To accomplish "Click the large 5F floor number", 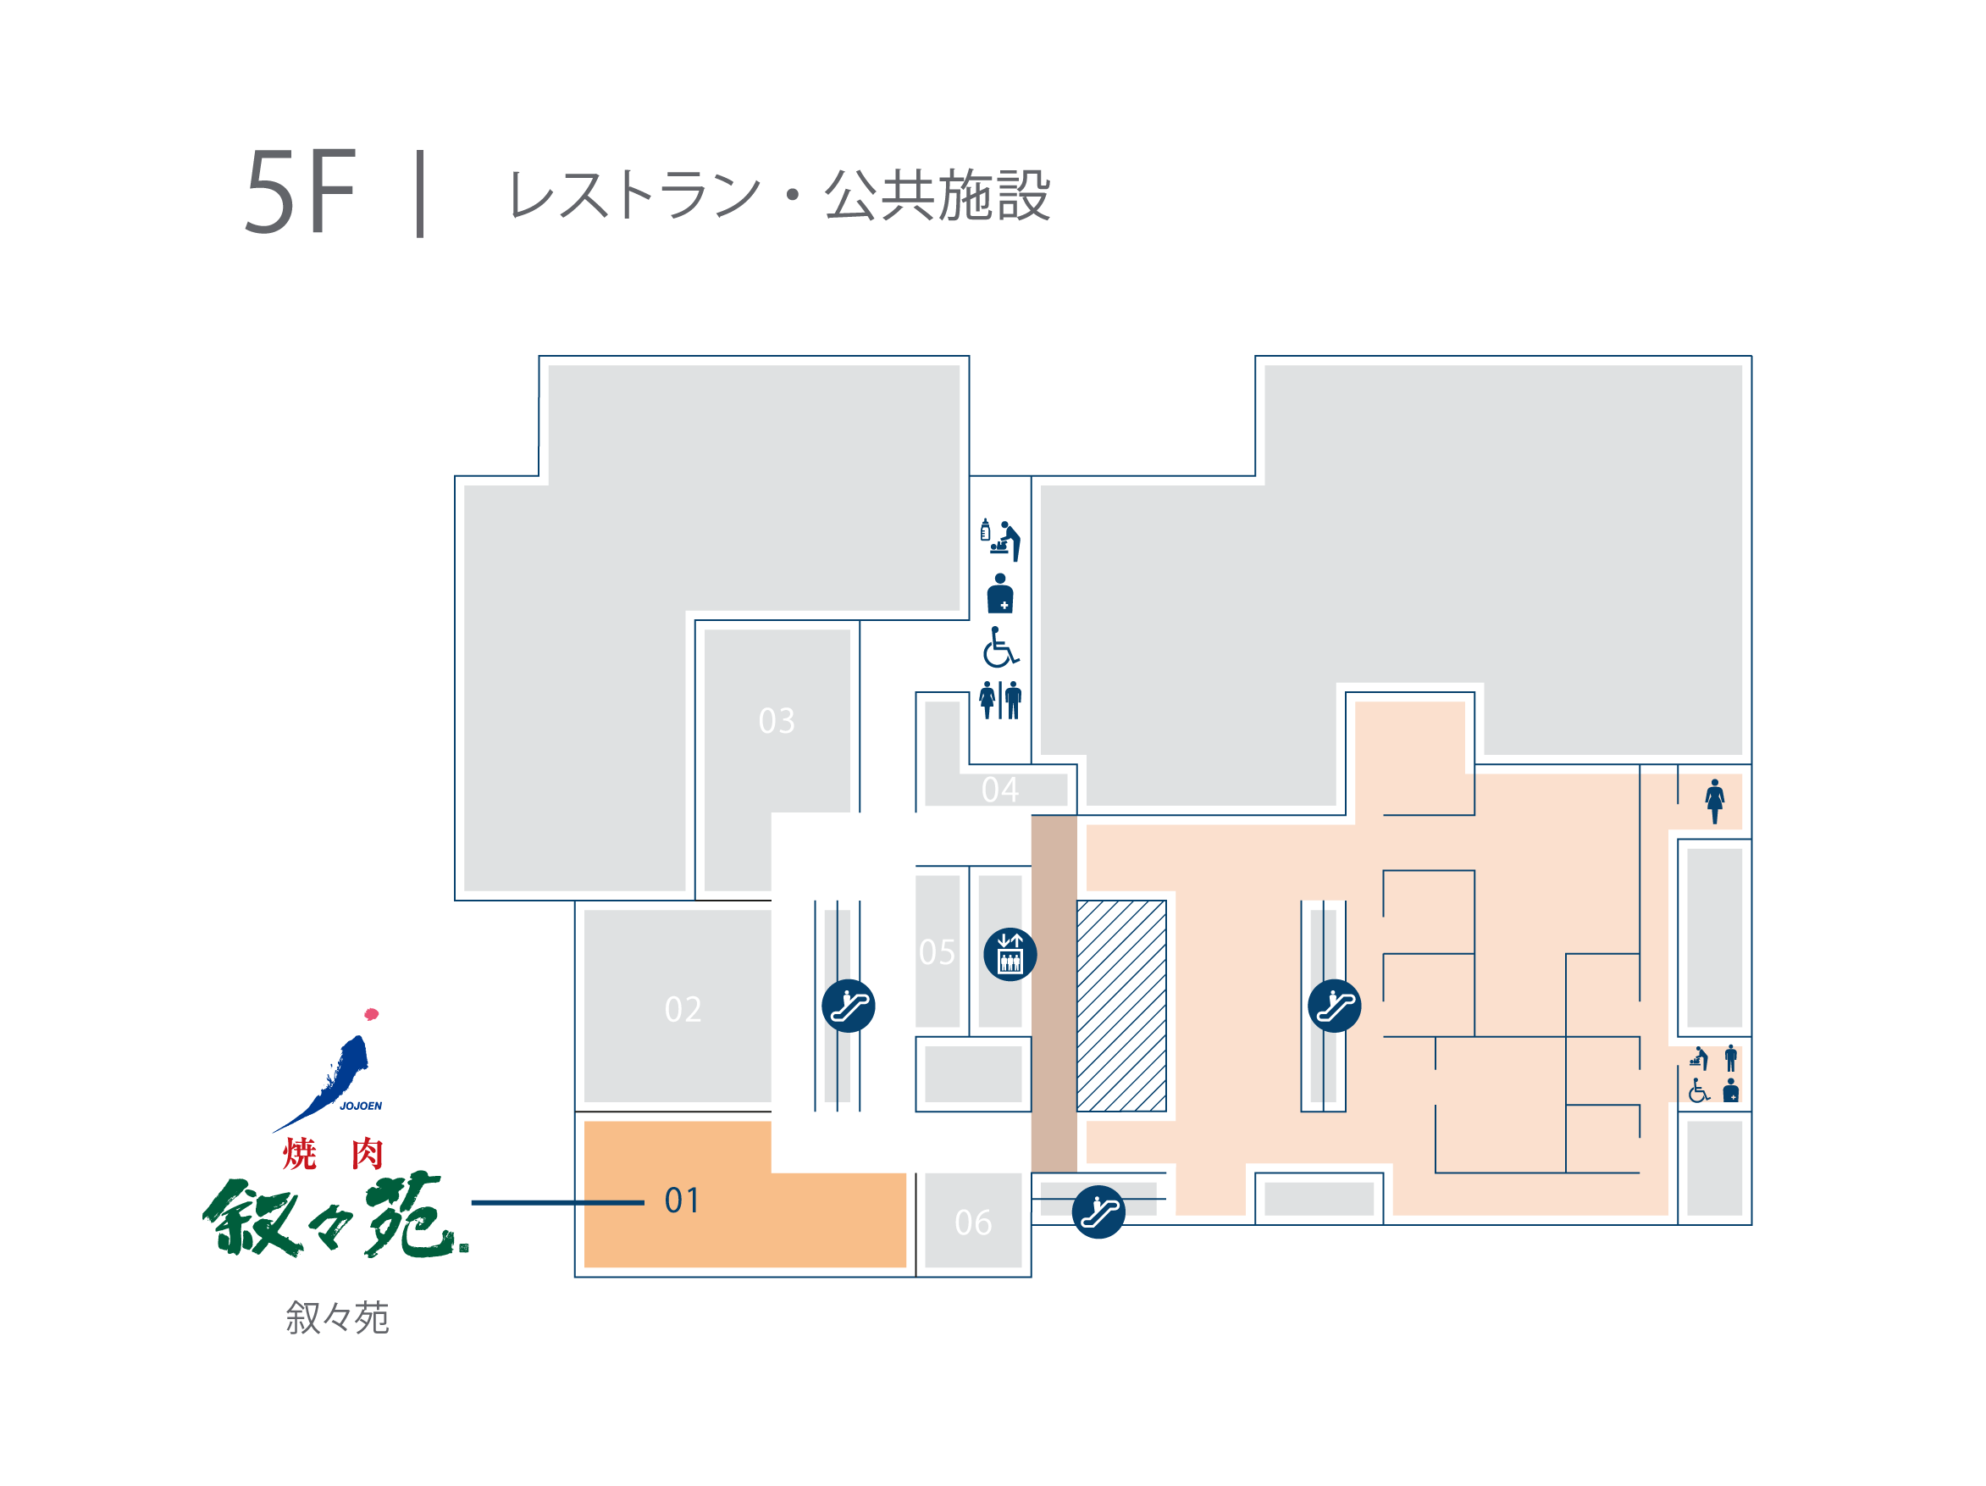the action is click(x=301, y=192).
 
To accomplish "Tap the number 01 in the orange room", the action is click(x=682, y=1200).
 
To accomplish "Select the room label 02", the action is click(x=683, y=1009).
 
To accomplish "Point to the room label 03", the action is click(x=777, y=721).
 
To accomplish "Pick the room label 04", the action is click(x=999, y=790).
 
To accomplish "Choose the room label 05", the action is click(x=937, y=951).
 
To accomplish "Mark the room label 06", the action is click(x=973, y=1223).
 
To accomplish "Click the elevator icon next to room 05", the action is click(x=1010, y=954).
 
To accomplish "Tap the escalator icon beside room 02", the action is click(x=849, y=1006).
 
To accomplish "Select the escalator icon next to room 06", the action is click(x=1098, y=1212).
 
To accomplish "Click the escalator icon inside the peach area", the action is click(x=1334, y=1006).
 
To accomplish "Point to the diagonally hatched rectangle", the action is click(x=1121, y=1006).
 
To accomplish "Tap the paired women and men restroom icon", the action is click(x=1000, y=700).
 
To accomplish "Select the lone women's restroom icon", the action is click(x=1715, y=801).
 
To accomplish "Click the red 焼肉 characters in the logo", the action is click(x=333, y=1153).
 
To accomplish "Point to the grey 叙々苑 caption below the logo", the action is click(x=338, y=1317).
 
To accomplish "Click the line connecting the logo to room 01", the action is click(x=557, y=1202).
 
